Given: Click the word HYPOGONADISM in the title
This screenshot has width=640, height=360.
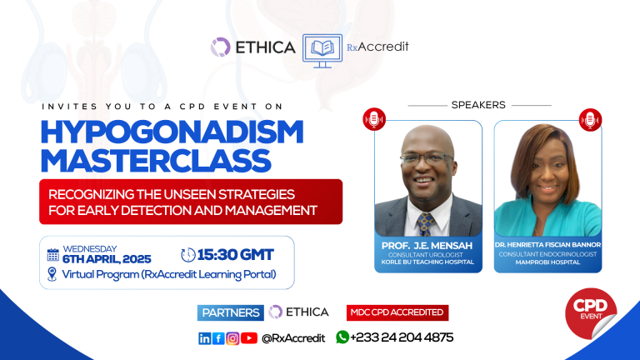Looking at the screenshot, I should (x=171, y=132).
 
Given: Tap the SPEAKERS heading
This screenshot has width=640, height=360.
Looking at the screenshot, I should (x=478, y=105).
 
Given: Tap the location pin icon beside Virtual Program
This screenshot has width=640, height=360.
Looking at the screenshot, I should (x=53, y=275).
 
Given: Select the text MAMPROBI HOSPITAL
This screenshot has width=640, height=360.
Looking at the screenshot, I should (x=547, y=262).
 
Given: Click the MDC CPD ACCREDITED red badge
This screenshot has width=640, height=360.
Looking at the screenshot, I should (x=397, y=312).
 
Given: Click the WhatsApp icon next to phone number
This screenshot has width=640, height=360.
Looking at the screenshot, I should (x=342, y=337).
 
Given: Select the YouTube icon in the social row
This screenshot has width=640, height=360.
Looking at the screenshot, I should (x=249, y=337).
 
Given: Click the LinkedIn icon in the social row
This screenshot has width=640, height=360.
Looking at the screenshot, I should (x=204, y=337).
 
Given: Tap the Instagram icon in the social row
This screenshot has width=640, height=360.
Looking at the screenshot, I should (x=232, y=337).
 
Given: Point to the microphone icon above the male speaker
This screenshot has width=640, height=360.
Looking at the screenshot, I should (x=374, y=119).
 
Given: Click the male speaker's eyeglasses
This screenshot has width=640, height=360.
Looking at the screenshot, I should (x=427, y=158).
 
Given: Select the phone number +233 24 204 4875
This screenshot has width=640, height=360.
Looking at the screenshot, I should (x=402, y=337).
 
